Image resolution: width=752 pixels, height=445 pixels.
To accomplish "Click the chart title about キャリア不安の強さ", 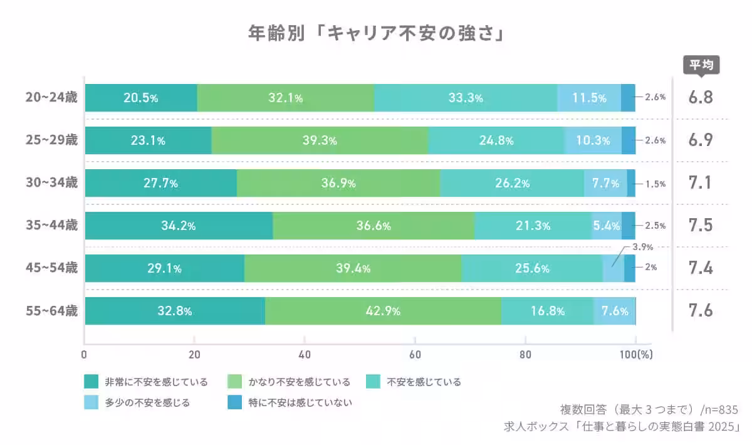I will tap(376, 33).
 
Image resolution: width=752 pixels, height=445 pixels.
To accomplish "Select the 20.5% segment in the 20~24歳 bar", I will tap(141, 98).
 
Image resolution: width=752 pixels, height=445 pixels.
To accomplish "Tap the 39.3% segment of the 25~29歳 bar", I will tap(320, 140).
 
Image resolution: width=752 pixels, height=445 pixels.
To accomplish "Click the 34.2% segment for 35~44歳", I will tap(179, 226).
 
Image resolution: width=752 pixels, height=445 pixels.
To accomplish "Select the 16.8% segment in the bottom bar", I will tap(547, 311).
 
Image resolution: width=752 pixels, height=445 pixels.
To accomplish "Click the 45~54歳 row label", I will tap(52, 268).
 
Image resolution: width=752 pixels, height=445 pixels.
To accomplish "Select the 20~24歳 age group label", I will tap(52, 98).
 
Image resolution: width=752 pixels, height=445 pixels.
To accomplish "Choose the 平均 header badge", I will tap(701, 65).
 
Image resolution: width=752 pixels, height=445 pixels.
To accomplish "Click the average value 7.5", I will tap(701, 226).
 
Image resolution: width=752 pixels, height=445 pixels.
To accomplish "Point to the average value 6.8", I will tap(701, 98).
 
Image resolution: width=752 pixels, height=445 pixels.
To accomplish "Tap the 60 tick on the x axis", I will tap(415, 354).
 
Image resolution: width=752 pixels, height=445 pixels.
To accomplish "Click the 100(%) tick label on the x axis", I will tap(637, 354).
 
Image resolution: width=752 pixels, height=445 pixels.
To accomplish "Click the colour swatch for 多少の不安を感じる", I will tap(91, 402).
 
